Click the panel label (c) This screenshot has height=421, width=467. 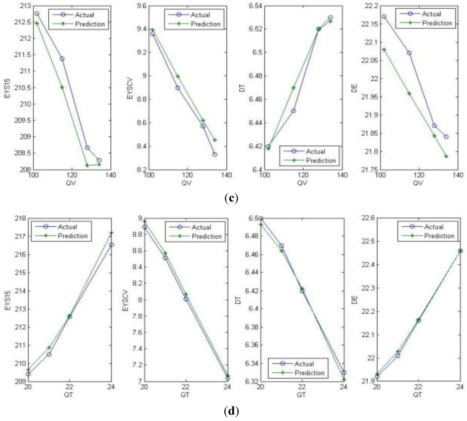pos(233,199)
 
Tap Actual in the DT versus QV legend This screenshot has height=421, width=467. pos(314,151)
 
